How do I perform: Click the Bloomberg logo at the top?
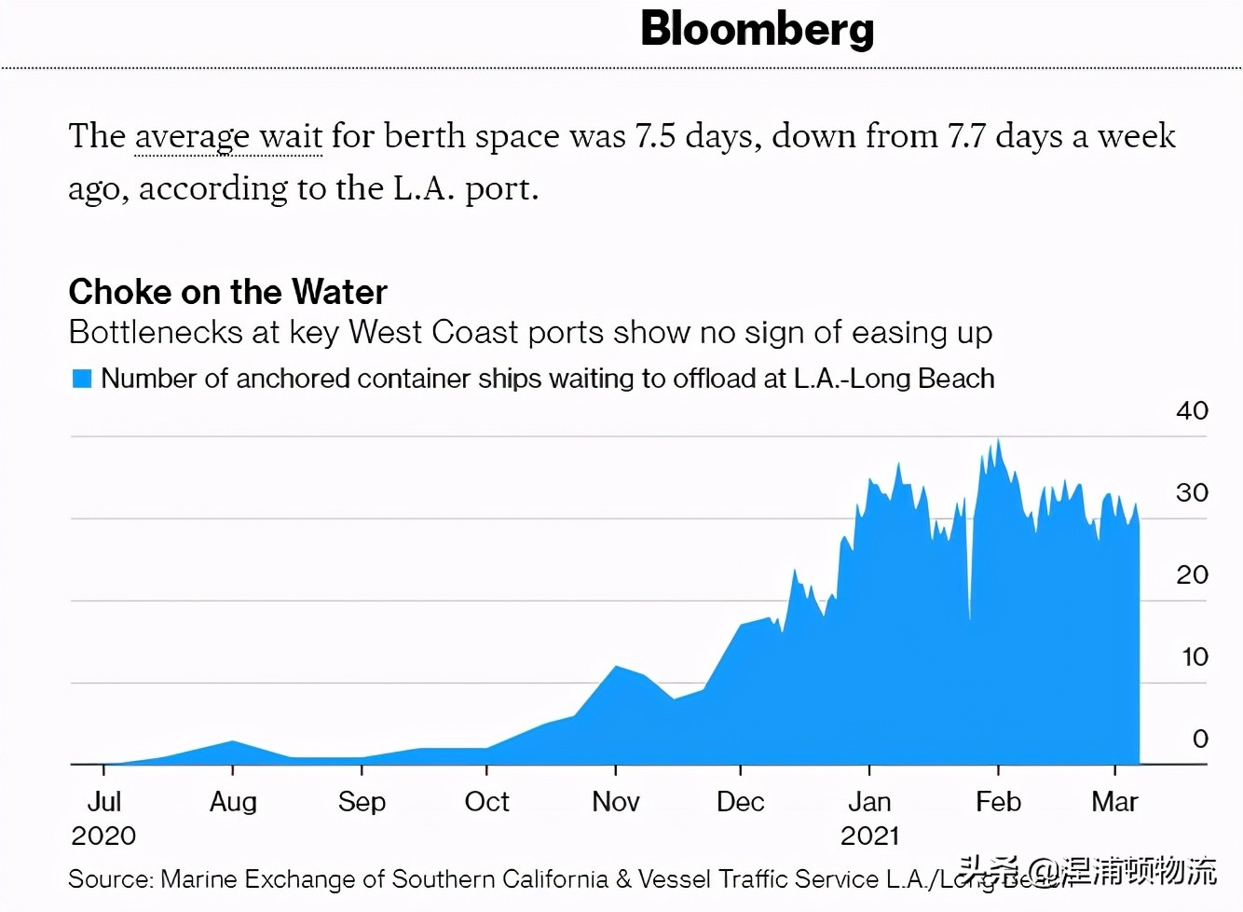[x=757, y=30]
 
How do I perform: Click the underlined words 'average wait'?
[x=228, y=136]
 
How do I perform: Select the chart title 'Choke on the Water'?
[x=227, y=292]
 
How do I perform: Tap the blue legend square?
[x=82, y=379]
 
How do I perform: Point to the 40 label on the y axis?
[x=1192, y=410]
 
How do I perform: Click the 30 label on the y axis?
[x=1192, y=492]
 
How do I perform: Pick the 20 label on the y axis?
[x=1192, y=574]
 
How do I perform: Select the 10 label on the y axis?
[x=1194, y=656]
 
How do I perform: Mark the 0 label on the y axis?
[x=1200, y=739]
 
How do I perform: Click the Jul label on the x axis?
[x=103, y=802]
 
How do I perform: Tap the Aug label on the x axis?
[x=233, y=802]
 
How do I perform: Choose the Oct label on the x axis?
[x=486, y=802]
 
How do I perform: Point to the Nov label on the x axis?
[x=615, y=802]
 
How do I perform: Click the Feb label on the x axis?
[x=998, y=802]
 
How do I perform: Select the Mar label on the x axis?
[x=1114, y=802]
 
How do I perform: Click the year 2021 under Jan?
[x=869, y=836]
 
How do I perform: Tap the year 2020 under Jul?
[x=103, y=836]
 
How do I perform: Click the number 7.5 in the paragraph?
[x=655, y=136]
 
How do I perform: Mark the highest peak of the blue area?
[x=999, y=441]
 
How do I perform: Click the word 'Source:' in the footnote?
[x=110, y=879]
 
